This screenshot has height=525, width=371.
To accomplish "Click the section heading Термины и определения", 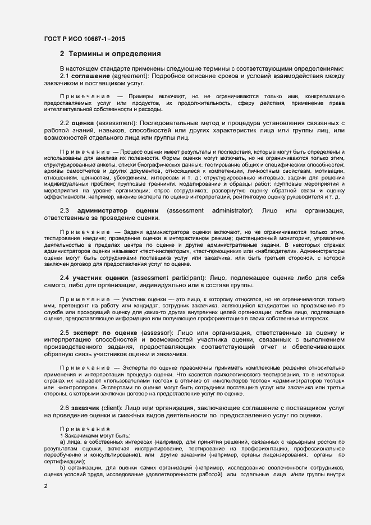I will [114, 54].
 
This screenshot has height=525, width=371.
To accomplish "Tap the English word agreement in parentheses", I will [130, 76].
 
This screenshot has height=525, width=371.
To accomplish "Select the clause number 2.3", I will [65, 210].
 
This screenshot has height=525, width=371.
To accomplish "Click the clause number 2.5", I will [65, 333].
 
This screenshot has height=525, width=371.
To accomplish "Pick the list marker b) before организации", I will [62, 467].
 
